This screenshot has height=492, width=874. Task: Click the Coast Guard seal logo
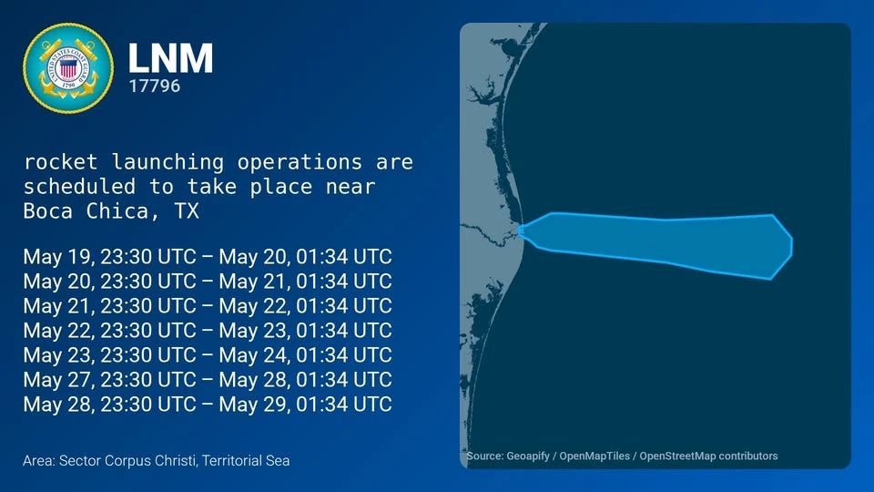[x=68, y=68]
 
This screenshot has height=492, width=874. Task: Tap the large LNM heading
[x=170, y=58]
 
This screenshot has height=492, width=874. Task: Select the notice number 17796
[x=155, y=86]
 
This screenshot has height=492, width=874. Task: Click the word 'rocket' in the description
[x=60, y=162]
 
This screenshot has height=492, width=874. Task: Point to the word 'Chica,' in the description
[x=117, y=210]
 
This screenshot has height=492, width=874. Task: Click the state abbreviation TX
[x=187, y=210]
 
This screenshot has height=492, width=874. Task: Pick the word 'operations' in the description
[x=300, y=162]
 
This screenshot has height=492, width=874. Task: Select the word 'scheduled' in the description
[x=79, y=186]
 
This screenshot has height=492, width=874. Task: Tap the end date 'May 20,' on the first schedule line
[x=254, y=257]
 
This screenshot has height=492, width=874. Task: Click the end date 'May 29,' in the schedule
[x=254, y=404]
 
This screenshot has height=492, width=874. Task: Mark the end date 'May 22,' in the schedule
[x=254, y=306]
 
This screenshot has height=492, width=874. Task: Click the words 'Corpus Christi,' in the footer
[x=150, y=461]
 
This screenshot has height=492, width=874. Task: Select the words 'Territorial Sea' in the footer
[x=246, y=461]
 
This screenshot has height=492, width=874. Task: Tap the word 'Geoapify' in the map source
[x=528, y=456]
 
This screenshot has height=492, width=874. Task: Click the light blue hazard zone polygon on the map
[x=657, y=244]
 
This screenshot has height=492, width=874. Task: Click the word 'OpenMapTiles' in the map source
[x=595, y=456]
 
